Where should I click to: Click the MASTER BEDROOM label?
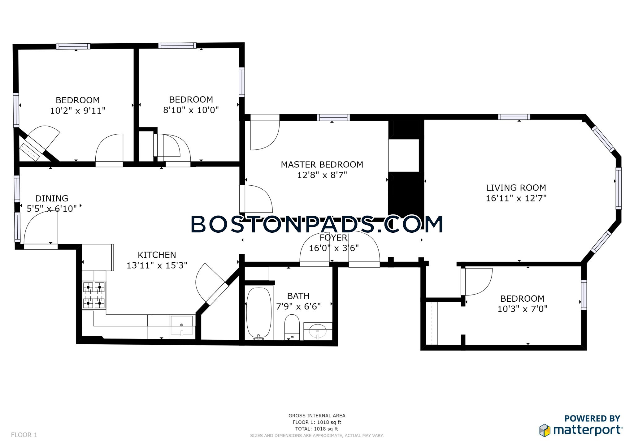(322, 165)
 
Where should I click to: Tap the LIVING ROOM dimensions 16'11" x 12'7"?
(516, 198)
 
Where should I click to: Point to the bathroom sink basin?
(318, 331)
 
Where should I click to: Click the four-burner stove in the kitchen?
(94, 295)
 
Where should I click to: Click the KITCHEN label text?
(157, 255)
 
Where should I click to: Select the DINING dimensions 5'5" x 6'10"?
(52, 209)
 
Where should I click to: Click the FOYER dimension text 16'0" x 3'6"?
(334, 248)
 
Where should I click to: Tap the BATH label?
(298, 296)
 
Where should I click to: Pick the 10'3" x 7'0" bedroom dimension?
(522, 309)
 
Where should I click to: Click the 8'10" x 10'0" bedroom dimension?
(191, 110)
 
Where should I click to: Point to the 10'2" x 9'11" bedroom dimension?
(78, 111)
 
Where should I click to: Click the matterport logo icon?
(545, 430)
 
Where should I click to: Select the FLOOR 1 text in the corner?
(24, 435)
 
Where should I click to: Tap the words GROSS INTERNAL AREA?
(317, 416)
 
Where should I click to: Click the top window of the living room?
(514, 117)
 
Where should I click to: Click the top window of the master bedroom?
(333, 118)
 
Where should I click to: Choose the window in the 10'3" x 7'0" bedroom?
(584, 295)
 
